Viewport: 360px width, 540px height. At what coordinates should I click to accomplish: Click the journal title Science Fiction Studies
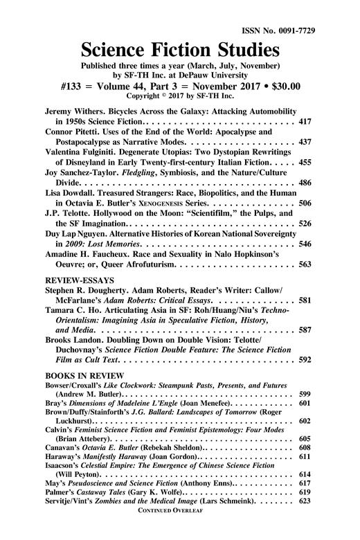(180, 50)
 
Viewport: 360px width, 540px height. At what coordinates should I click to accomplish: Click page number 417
(304, 121)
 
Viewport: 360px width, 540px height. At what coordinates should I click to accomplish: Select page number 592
(304, 360)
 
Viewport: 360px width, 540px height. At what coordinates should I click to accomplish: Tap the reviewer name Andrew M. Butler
(88, 394)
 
